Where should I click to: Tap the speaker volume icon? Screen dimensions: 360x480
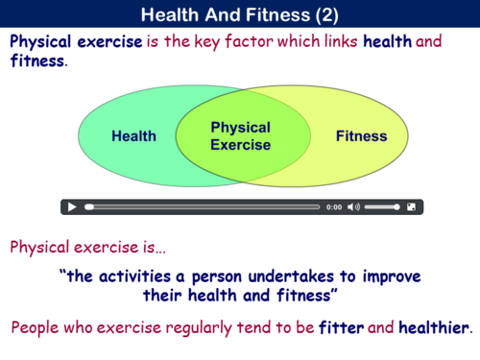[353, 206]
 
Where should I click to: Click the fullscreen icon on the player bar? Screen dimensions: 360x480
[411, 206]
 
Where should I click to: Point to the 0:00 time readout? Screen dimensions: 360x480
[333, 206]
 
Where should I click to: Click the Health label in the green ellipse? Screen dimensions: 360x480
[133, 135]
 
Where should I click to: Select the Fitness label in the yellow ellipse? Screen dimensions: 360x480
[361, 135]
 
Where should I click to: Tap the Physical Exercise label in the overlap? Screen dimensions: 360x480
[240, 136]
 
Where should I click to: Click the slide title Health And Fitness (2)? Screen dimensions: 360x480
[239, 14]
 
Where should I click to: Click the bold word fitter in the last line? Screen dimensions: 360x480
[341, 327]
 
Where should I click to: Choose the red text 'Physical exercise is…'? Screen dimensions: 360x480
[87, 247]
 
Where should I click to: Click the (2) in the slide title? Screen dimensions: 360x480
[324, 14]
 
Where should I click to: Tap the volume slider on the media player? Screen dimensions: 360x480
[382, 206]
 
